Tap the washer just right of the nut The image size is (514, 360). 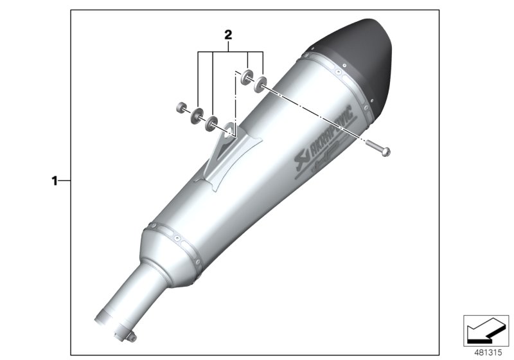click(x=195, y=114)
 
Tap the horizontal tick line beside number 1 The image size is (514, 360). click(x=65, y=181)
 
